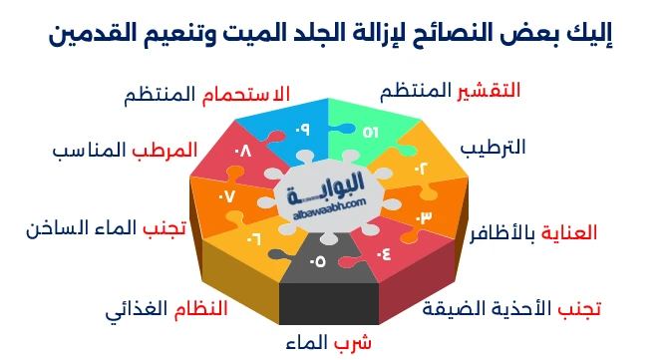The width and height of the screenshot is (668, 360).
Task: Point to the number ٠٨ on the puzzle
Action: pyautogui.click(x=243, y=154)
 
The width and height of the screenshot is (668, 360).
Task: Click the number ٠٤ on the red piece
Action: pyautogui.click(x=384, y=251)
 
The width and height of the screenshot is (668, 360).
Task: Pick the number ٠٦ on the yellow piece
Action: pyautogui.click(x=253, y=238)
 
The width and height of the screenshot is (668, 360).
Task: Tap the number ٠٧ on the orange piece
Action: pyautogui.click(x=226, y=195)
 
